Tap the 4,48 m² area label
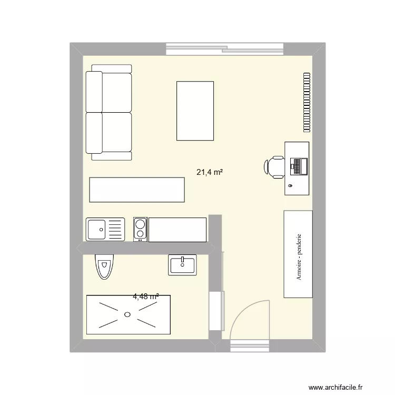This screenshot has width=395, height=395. point(146,297)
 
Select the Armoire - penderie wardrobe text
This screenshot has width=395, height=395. point(299,256)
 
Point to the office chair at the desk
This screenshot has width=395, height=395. point(274,166)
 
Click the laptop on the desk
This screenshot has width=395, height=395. point(299,166)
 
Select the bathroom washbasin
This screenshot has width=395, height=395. point(182,264)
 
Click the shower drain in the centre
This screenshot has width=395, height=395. point(127,314)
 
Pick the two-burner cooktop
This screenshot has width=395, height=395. point(140,229)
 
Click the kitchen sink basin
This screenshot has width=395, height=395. point(96,229)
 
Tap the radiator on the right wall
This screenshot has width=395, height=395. point(307,103)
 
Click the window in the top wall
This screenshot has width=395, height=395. point(225,49)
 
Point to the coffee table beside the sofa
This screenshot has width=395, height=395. point(195,111)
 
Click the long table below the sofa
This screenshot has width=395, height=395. point(137,190)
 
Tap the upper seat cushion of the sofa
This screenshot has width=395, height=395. point(116,92)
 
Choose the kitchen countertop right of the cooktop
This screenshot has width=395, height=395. point(177,229)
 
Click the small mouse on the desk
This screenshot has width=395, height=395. point(291,185)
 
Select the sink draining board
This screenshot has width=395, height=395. point(116,229)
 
